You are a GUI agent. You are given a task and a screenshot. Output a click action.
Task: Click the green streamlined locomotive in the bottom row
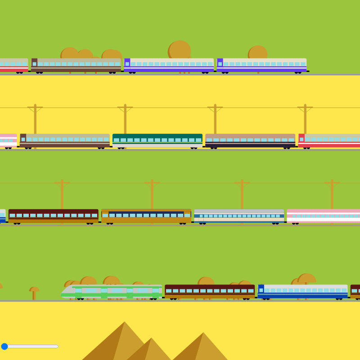[112, 292]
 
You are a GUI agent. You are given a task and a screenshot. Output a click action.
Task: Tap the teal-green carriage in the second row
[157, 140]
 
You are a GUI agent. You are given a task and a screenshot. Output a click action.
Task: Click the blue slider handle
[4, 346]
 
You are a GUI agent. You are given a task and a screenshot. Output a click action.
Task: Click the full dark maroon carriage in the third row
[53, 216]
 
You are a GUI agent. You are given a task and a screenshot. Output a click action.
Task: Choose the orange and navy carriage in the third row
[146, 216]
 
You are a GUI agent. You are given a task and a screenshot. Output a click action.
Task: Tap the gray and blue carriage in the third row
[239, 216]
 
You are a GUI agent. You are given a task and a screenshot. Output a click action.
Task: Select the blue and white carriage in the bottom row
[302, 291]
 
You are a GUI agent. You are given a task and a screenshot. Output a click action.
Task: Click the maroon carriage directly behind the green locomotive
[210, 291]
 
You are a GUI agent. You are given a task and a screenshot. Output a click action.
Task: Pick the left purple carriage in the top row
[169, 65]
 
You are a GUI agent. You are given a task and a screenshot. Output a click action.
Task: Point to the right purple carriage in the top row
[261, 65]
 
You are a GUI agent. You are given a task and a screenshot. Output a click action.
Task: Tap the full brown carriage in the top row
[76, 65]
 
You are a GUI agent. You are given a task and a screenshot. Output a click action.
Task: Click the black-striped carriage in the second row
[250, 140]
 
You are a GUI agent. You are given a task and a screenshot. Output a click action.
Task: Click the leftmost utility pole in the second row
[35, 119]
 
